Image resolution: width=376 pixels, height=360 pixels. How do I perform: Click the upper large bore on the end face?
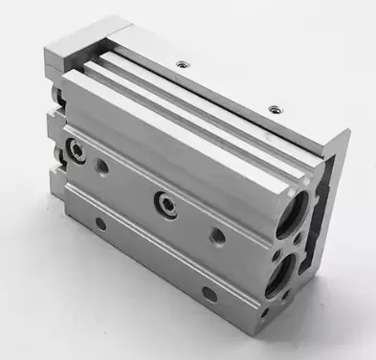(x=291, y=216)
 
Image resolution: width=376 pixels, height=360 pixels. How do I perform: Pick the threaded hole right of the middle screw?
(x=218, y=234)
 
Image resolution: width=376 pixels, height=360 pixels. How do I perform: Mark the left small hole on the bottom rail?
(x=100, y=224)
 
